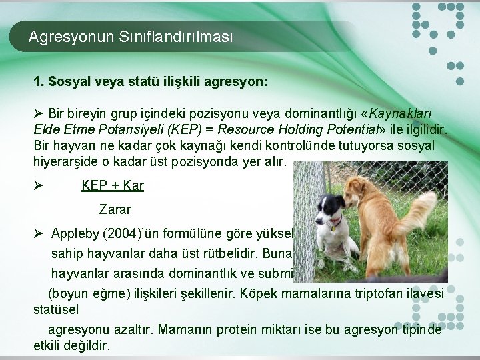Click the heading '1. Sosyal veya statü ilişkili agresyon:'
tap(151, 81)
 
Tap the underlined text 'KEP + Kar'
tap(112, 185)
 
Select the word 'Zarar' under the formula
tap(115, 209)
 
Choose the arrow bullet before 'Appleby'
tap(39, 234)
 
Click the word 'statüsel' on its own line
tap(55, 310)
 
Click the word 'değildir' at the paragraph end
tap(87, 346)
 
